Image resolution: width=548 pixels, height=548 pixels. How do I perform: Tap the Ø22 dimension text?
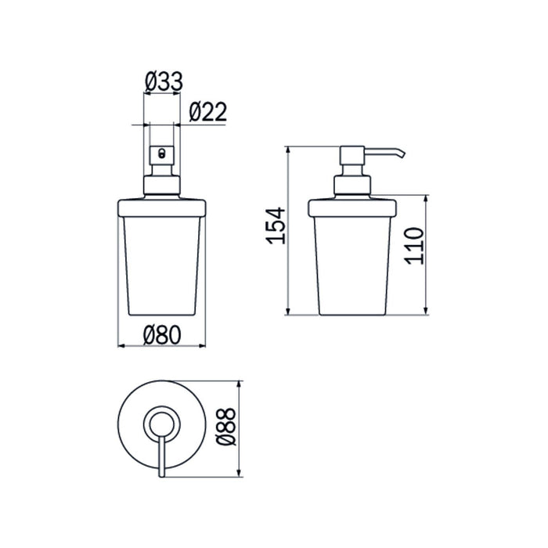[x=207, y=112]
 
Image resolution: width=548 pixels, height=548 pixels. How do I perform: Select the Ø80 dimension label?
[x=162, y=334]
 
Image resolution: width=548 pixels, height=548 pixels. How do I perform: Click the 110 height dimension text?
[x=414, y=244]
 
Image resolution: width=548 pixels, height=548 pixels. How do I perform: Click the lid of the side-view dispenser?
[x=354, y=209]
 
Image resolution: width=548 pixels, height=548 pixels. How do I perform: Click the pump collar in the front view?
[x=162, y=186]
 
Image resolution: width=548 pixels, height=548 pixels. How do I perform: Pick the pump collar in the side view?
[x=354, y=186]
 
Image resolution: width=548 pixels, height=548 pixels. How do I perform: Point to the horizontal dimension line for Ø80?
[x=133, y=345]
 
